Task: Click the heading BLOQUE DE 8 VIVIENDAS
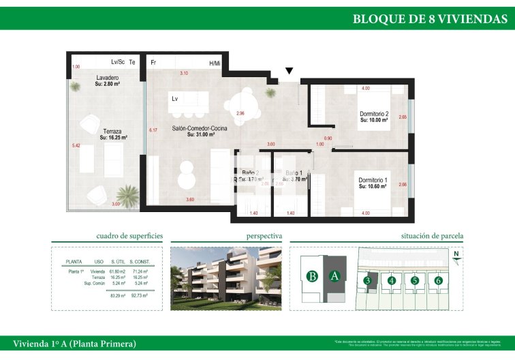pyautogui.click(x=429, y=19)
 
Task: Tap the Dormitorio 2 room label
pyautogui.click(x=374, y=114)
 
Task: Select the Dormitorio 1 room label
pyautogui.click(x=374, y=181)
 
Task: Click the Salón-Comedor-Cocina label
pyautogui.click(x=200, y=128)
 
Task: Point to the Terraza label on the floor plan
pyautogui.click(x=113, y=131)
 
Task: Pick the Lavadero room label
pyautogui.click(x=108, y=78)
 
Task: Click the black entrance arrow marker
pyautogui.click(x=290, y=70)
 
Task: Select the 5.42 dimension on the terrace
pyautogui.click(x=76, y=145)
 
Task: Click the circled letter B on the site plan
pyautogui.click(x=312, y=276)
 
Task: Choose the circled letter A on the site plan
pyautogui.click(x=334, y=276)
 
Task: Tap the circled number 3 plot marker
pyautogui.click(x=367, y=280)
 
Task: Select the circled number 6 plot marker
pyautogui.click(x=438, y=280)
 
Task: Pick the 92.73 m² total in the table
pyautogui.click(x=139, y=295)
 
